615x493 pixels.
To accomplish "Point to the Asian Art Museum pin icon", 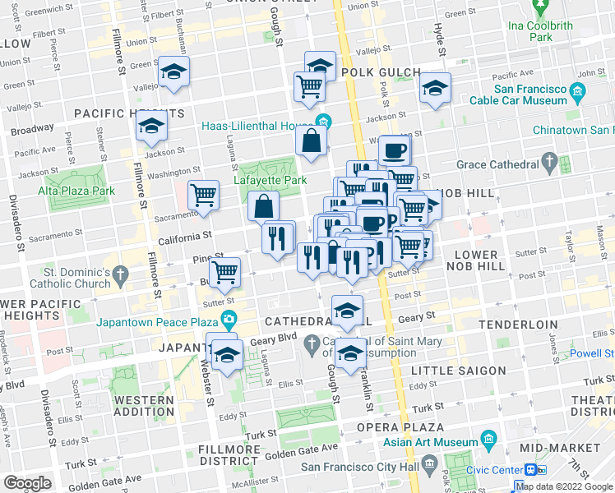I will point(489,437).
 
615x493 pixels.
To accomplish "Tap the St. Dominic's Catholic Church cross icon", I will point(122,272).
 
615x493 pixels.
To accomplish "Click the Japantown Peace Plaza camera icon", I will point(229,320).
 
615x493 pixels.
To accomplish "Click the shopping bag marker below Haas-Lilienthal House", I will point(312,141).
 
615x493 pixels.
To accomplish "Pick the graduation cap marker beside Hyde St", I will point(434,89).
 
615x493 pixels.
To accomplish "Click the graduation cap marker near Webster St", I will point(226,354).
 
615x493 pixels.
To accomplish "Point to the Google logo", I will point(28,483).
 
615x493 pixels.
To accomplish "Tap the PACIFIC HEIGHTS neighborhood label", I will point(128,113).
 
